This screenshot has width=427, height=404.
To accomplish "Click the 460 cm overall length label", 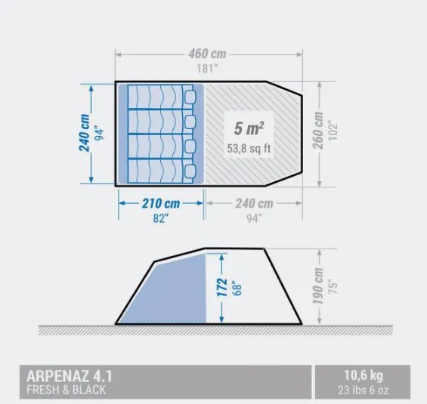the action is pos(207,54).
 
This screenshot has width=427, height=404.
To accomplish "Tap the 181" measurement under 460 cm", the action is pos(207,68).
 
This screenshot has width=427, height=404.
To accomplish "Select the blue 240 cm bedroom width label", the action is pos(84,133).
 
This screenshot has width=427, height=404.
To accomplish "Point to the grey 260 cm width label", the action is pos(317,131).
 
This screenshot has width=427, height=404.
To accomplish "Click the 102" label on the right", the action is pos(333,131).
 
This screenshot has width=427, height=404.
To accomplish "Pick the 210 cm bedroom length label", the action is pos(161,203).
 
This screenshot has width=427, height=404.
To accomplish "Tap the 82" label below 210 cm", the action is pos(161,217).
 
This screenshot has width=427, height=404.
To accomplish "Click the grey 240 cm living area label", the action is pos(254,203).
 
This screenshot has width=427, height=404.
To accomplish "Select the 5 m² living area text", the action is pos(249,128).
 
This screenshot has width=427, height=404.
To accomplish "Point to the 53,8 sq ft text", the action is pos(249,149).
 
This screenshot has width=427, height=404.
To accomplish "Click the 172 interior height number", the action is pos(222,288).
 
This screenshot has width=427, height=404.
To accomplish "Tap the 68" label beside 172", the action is pos(237,288).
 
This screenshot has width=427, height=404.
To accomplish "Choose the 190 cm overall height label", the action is pos(317,286).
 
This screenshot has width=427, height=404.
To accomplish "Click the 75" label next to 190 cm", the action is pos(333,286).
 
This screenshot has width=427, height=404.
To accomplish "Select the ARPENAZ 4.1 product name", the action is pos(70,376).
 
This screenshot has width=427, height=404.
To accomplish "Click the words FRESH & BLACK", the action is pos(66,390).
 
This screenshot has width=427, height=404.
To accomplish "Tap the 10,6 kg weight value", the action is pos(364,375).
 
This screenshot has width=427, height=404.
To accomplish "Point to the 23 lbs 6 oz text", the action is pos(364,390).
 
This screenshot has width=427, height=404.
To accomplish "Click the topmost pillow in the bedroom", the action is pos(190,97).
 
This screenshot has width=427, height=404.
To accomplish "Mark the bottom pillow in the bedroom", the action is pos(190,171).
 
